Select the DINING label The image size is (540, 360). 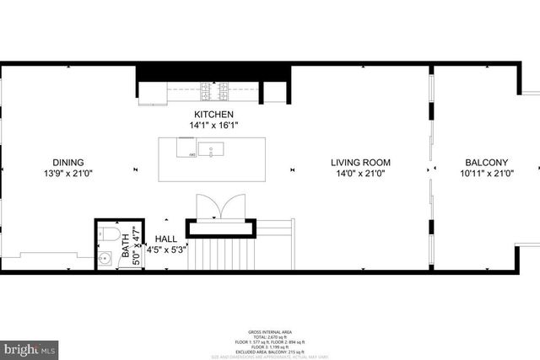click(68, 163)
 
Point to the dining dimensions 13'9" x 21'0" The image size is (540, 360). click(68, 174)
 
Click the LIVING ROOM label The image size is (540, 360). click(360, 163)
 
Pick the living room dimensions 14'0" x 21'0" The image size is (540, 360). click(360, 174)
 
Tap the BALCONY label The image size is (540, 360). click(486, 163)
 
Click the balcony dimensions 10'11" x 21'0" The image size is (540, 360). click(486, 174)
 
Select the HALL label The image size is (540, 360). click(165, 239)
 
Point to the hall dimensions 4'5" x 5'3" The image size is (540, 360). click(165, 250)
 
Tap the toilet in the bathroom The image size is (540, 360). click(105, 231)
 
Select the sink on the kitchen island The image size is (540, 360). click(215, 149)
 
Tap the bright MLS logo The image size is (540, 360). click(30, 347)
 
